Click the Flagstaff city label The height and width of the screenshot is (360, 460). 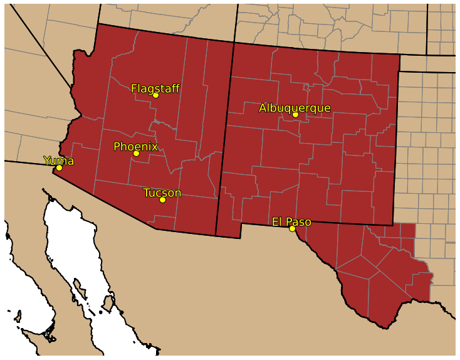(x=155, y=88)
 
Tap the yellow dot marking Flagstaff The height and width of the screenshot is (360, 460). (x=155, y=95)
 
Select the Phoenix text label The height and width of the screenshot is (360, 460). (x=135, y=146)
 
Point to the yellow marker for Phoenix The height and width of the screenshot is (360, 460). (x=136, y=153)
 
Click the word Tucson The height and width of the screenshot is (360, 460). (x=162, y=193)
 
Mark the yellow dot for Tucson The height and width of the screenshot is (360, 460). (x=162, y=199)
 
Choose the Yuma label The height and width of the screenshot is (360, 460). (x=58, y=161)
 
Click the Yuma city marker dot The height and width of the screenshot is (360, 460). (x=59, y=167)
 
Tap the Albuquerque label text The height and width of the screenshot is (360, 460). (x=295, y=108)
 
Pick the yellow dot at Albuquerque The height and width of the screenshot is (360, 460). (x=295, y=114)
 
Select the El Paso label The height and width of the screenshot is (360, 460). (x=291, y=221)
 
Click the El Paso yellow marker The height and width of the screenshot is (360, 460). (x=292, y=228)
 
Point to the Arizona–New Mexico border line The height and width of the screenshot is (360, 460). (x=225, y=138)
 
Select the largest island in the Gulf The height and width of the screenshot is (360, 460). (x=108, y=304)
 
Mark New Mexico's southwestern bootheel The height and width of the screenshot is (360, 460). (x=228, y=229)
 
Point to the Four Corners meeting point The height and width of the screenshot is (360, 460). (x=234, y=43)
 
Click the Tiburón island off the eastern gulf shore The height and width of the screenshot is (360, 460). (x=108, y=304)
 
